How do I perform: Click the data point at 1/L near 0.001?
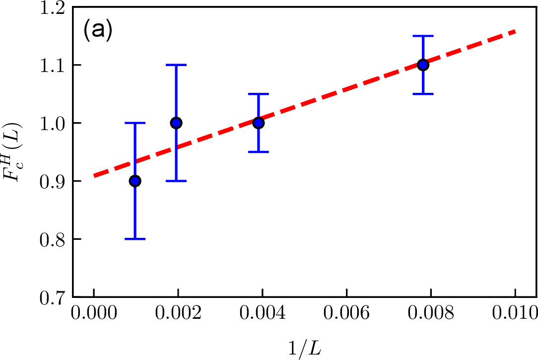[x=135, y=181]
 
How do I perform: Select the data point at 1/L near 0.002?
[x=176, y=123]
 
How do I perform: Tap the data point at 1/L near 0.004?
[x=258, y=123]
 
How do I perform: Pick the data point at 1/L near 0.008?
[x=423, y=65]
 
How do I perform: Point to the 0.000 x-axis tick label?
[x=94, y=314]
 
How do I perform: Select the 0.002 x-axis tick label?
[x=178, y=314]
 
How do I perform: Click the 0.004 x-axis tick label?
[x=263, y=314]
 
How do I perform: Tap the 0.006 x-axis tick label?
[x=347, y=314]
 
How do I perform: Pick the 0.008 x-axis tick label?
[x=431, y=314]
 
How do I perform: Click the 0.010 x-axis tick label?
[x=515, y=314]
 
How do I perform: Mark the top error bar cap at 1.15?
[x=423, y=36]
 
